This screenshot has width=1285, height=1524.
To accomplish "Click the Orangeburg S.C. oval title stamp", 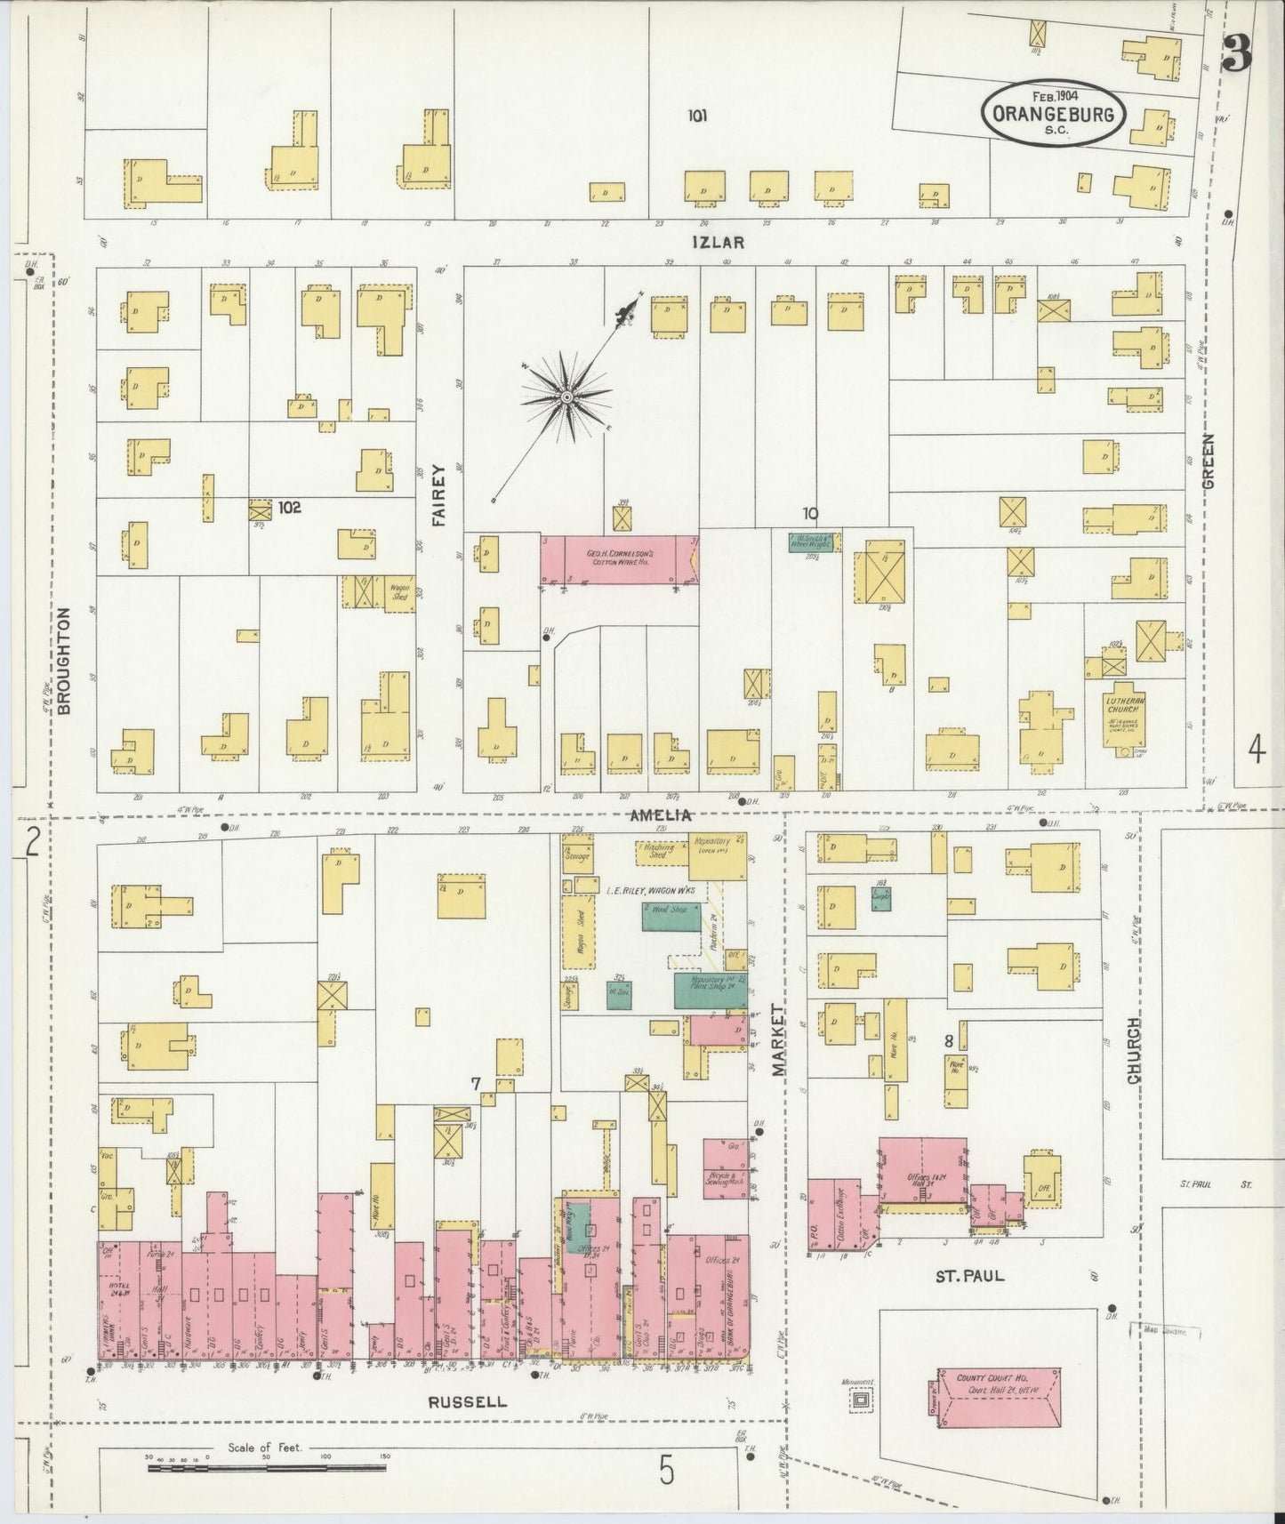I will (1054, 112).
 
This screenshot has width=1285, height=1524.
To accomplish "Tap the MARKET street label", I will (778, 1040).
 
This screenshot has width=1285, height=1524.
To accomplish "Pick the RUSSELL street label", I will (467, 1402).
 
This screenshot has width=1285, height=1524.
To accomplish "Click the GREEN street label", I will (1208, 461).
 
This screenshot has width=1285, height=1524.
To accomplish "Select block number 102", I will (289, 508).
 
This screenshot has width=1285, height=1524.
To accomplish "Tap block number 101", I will (696, 115).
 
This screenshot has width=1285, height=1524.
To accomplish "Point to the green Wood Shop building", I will (671, 917).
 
